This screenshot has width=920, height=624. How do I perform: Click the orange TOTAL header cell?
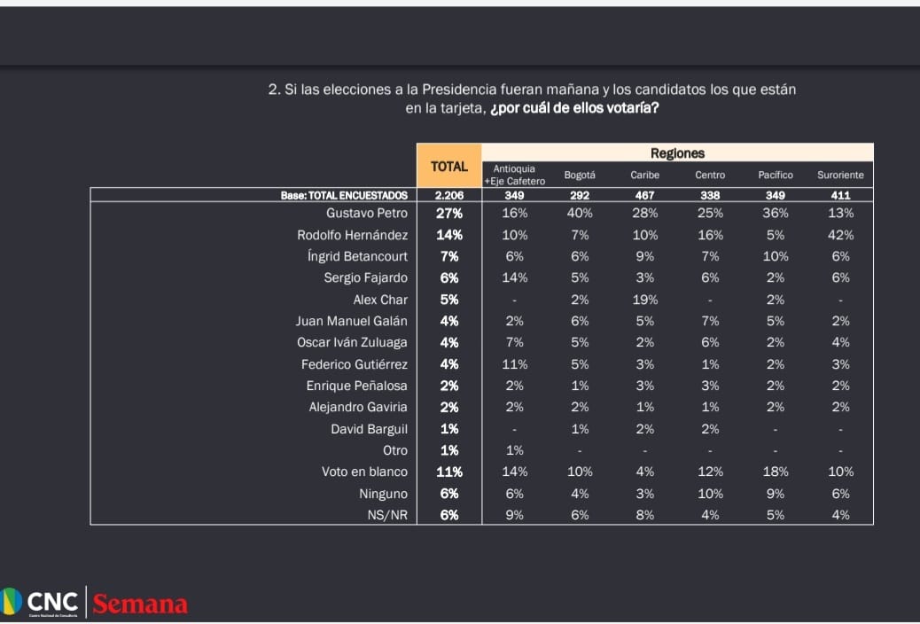tap(449, 166)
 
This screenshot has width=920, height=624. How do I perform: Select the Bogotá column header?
tap(580, 175)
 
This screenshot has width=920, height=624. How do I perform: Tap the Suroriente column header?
tap(840, 175)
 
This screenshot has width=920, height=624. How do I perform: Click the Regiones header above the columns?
tap(677, 153)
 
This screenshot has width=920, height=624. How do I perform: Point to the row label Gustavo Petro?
tap(367, 214)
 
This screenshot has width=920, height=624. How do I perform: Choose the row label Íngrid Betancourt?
tap(357, 256)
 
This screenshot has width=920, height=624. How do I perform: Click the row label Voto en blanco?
tap(364, 472)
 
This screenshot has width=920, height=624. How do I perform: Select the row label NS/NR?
tap(386, 515)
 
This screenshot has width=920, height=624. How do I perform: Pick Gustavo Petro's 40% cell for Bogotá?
tap(580, 214)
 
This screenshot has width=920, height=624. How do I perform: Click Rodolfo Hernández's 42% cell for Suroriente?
tap(840, 235)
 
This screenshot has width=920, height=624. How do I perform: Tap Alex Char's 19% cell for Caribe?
tap(645, 300)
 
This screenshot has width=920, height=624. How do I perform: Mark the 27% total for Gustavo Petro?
tap(449, 214)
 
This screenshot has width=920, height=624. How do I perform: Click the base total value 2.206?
tap(449, 195)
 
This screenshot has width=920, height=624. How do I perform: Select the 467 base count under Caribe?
tap(645, 195)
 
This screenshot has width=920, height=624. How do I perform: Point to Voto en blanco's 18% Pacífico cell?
tap(776, 472)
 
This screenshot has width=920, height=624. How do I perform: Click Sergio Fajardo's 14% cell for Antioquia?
tap(515, 278)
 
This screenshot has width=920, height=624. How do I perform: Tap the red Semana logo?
tap(140, 604)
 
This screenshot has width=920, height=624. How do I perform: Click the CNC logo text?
tap(52, 603)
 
